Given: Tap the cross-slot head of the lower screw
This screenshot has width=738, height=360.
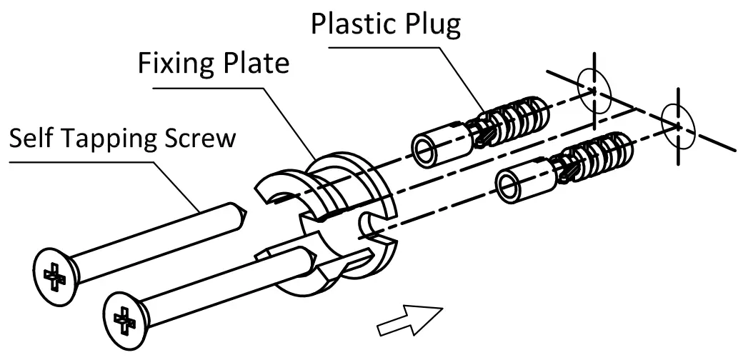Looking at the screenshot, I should click(124, 316).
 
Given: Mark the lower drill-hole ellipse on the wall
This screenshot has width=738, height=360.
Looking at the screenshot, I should click(675, 124).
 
